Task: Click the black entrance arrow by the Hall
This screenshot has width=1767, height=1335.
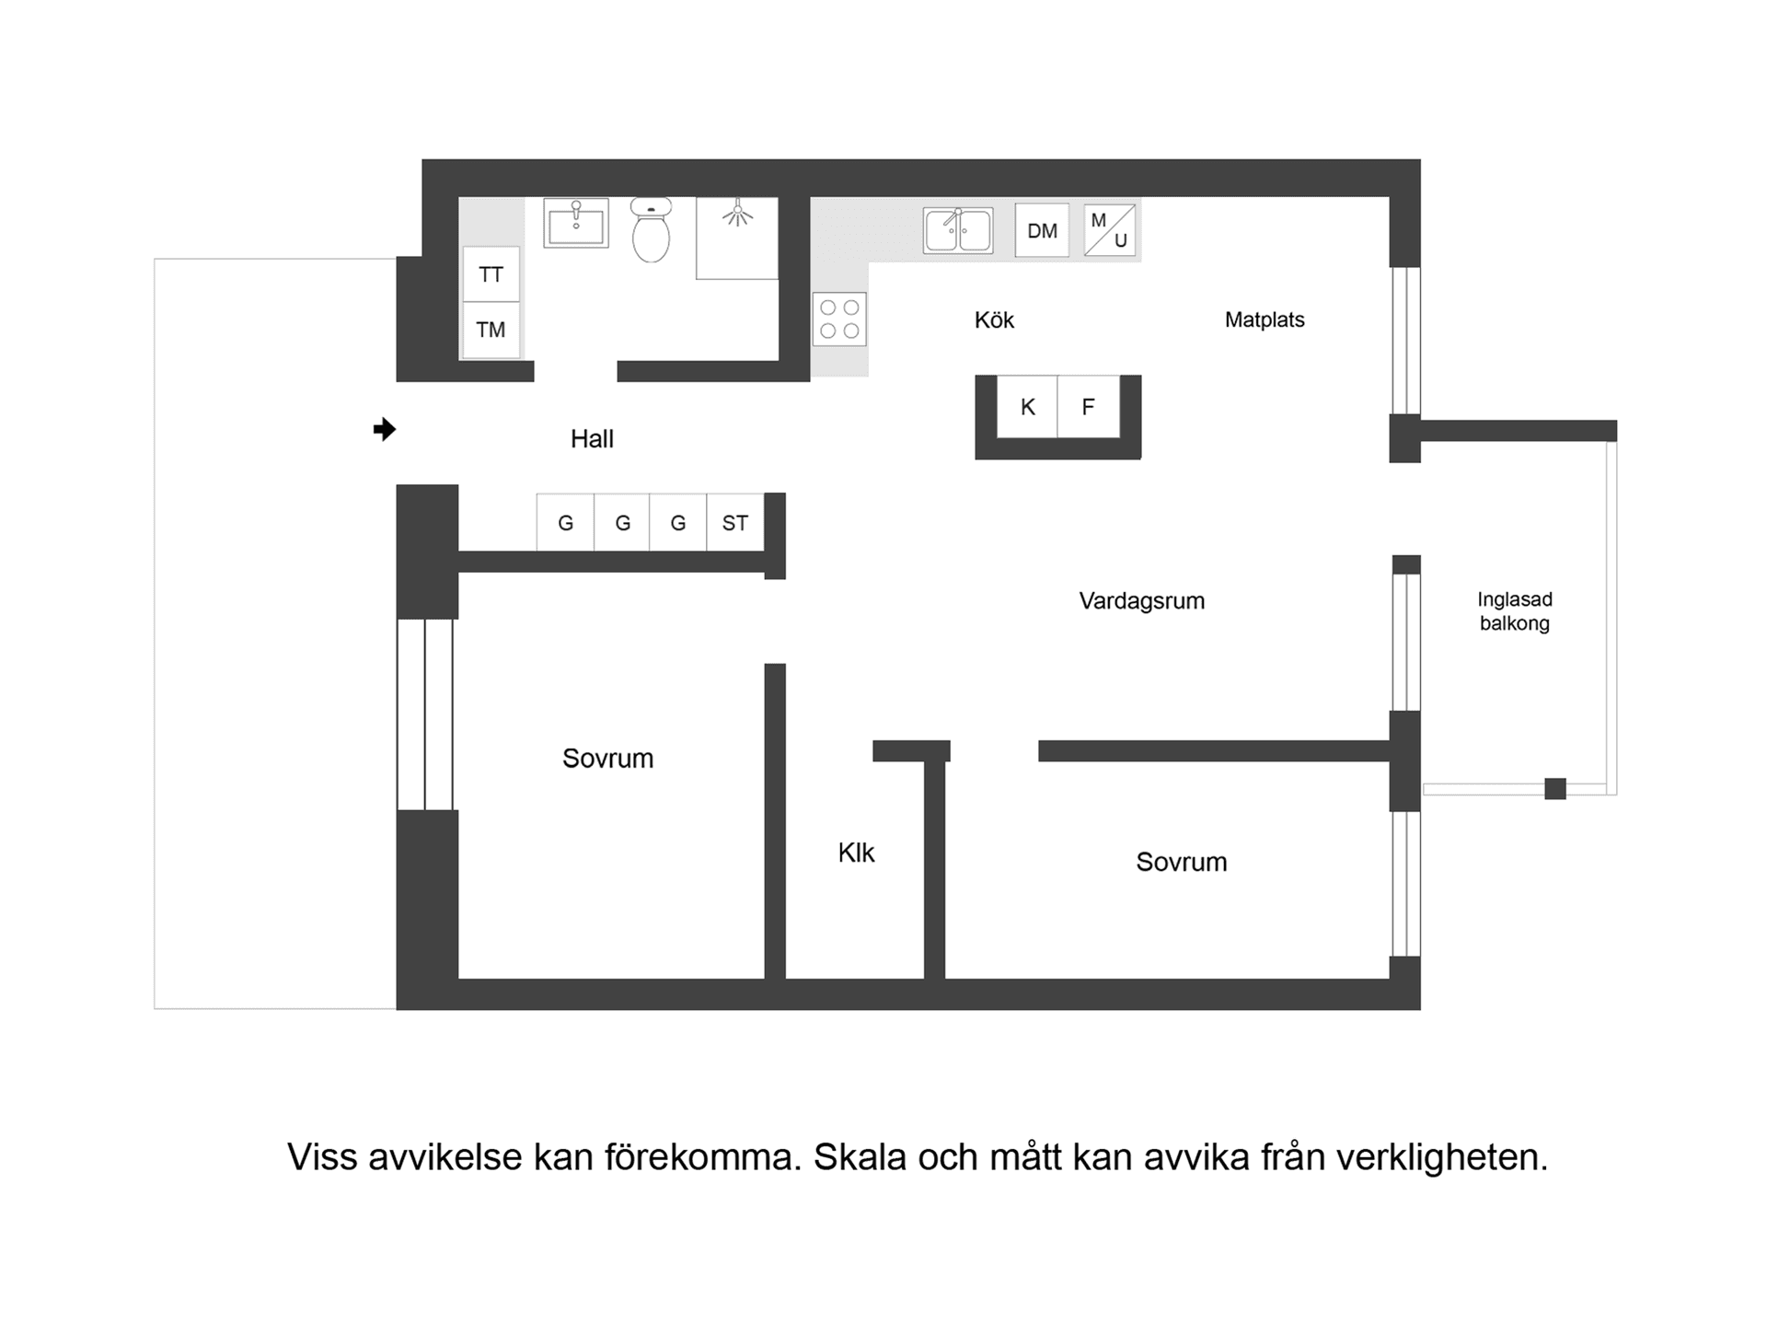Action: (x=384, y=429)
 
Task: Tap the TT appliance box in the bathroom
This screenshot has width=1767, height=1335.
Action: (x=491, y=274)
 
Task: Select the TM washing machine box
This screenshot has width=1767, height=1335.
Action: (x=491, y=330)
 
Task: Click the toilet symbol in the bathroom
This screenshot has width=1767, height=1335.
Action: (x=651, y=232)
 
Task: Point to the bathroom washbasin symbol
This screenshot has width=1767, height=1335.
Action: (x=576, y=223)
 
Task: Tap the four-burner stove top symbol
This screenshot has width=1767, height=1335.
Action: (x=839, y=319)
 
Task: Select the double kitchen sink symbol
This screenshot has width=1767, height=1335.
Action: (x=958, y=230)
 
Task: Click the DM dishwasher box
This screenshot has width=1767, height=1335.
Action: (x=1042, y=230)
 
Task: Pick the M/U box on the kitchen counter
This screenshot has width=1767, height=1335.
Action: (x=1109, y=230)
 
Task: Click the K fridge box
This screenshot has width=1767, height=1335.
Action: (x=1028, y=407)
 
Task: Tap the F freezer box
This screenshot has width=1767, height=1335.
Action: (x=1088, y=407)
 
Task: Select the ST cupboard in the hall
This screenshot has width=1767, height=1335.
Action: (x=734, y=523)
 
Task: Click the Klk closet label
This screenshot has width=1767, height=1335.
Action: (x=856, y=853)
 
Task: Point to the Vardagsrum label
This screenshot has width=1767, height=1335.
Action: (x=1141, y=601)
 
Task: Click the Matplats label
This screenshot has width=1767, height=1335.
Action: (x=1265, y=319)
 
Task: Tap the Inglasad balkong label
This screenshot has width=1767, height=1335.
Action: (x=1514, y=611)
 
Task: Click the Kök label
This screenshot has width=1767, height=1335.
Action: (x=994, y=319)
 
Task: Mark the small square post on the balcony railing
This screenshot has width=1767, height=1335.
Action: (x=1555, y=788)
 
